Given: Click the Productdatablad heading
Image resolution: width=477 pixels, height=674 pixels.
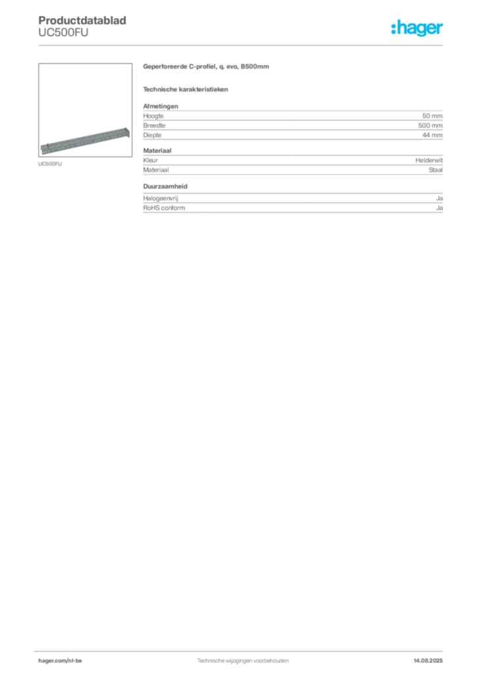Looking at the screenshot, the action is pyautogui.click(x=82, y=20).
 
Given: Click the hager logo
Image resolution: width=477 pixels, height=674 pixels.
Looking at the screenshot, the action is pyautogui.click(x=417, y=28).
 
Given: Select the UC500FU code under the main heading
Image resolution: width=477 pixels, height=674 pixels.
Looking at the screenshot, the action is pyautogui.click(x=63, y=33).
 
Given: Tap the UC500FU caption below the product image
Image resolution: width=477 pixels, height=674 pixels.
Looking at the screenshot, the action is pyautogui.click(x=50, y=164).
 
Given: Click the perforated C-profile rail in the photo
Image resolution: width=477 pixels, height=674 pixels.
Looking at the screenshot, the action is pyautogui.click(x=85, y=141).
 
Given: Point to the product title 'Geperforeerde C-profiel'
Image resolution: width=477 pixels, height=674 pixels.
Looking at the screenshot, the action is pyautogui.click(x=206, y=66).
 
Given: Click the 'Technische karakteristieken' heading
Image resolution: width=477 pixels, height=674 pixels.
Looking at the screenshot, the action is pyautogui.click(x=185, y=90).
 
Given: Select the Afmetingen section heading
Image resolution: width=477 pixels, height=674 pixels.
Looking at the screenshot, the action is pyautogui.click(x=161, y=106).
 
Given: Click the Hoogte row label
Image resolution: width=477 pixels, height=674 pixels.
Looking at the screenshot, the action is pyautogui.click(x=153, y=116).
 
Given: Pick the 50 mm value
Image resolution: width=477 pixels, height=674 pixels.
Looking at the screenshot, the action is pyautogui.click(x=432, y=116).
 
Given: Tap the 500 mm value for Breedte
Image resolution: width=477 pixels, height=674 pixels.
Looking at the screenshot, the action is pyautogui.click(x=430, y=126).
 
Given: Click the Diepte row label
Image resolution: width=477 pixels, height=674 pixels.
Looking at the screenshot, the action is pyautogui.click(x=152, y=135).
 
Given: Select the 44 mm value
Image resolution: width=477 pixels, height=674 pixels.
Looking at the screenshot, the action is pyautogui.click(x=432, y=135).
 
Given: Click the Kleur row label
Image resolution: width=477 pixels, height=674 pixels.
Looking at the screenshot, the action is pyautogui.click(x=150, y=161).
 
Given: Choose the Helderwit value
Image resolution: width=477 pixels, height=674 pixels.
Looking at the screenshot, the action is pyautogui.click(x=429, y=161).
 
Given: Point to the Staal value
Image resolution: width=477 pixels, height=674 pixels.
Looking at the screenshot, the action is pyautogui.click(x=435, y=170).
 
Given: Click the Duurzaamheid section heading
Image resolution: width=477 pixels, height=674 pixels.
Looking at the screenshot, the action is pyautogui.click(x=165, y=186).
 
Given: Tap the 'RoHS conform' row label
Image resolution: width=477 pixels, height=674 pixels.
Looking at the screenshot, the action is pyautogui.click(x=164, y=208).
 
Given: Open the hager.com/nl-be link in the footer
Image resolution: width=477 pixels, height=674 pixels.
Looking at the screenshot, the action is pyautogui.click(x=60, y=661).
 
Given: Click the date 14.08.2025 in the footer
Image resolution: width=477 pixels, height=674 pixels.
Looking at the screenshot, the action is pyautogui.click(x=428, y=661).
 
